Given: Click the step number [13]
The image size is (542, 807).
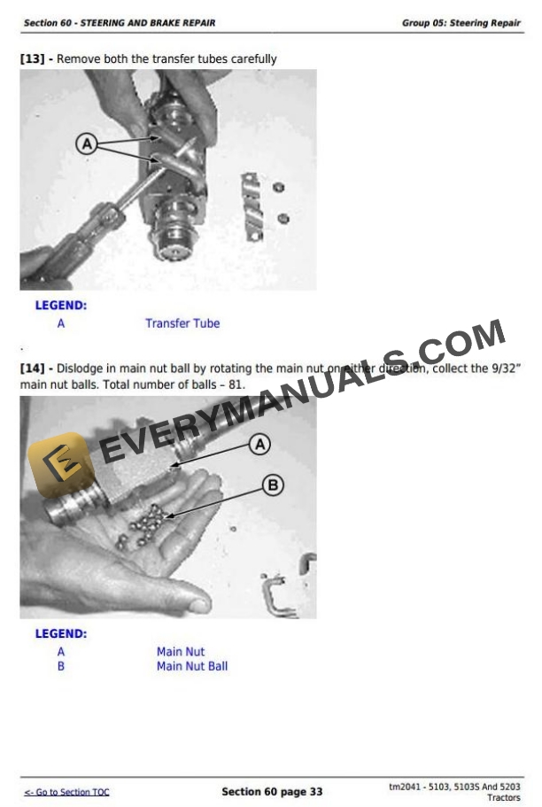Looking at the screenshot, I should [x=33, y=59].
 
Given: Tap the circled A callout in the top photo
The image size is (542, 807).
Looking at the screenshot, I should [x=87, y=144].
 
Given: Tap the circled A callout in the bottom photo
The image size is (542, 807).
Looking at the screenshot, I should [x=259, y=444].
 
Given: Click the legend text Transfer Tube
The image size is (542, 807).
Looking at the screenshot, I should [x=182, y=323].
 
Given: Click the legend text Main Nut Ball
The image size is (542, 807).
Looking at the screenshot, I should [x=192, y=666].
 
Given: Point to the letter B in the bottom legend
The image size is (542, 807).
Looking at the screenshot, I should [x=61, y=666].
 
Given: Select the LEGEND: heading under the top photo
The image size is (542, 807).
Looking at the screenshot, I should [x=61, y=306].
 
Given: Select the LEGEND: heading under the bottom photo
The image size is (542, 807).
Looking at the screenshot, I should [x=61, y=634].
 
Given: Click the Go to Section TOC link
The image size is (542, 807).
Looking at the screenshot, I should [x=67, y=792].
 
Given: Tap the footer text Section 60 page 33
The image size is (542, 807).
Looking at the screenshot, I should [x=272, y=792].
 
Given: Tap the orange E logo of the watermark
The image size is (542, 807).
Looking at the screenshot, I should [x=59, y=464].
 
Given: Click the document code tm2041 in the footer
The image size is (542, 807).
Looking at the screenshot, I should [x=406, y=787].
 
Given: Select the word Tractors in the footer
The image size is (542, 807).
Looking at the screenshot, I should [x=504, y=798].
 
